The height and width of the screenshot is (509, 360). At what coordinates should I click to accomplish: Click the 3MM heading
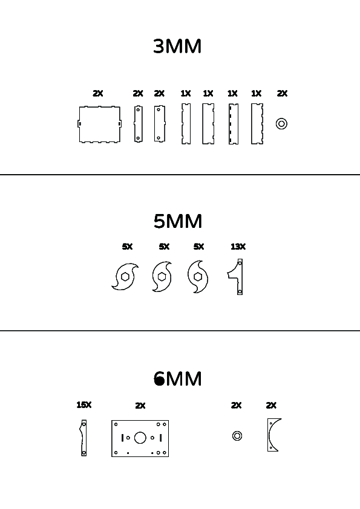pyautogui.click(x=177, y=46)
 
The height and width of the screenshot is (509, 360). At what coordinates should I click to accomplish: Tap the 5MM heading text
pyautogui.click(x=178, y=221)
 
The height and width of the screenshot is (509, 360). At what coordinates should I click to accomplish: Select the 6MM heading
pyautogui.click(x=178, y=378)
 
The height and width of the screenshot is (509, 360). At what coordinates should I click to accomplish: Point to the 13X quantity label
pyautogui.click(x=238, y=247)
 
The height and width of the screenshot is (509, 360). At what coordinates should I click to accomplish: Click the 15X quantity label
pyautogui.click(x=84, y=405)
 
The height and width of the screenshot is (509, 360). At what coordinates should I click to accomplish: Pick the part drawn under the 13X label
pyautogui.click(x=240, y=277)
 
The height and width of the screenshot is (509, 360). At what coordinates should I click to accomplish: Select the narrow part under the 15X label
pyautogui.click(x=83, y=438)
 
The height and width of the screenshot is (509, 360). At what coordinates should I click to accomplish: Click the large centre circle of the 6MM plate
pyautogui.click(x=140, y=438)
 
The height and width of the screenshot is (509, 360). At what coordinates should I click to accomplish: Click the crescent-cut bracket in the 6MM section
pyautogui.click(x=270, y=435)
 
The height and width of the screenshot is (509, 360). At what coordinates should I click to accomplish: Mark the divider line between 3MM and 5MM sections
pyautogui.click(x=180, y=175)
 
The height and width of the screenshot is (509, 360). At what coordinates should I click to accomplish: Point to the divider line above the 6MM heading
pyautogui.click(x=180, y=331)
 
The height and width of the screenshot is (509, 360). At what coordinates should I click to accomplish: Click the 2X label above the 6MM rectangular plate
pyautogui.click(x=140, y=406)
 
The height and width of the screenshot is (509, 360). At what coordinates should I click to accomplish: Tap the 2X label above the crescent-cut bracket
pyautogui.click(x=271, y=405)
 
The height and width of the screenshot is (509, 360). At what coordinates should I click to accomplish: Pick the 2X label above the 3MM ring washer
pyautogui.click(x=283, y=94)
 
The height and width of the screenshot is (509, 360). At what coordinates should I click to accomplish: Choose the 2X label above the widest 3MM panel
pyautogui.click(x=98, y=94)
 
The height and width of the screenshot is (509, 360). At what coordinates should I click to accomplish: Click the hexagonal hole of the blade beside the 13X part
pyautogui.click(x=197, y=277)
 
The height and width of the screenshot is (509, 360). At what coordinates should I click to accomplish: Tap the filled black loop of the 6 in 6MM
pyautogui.click(x=159, y=381)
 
